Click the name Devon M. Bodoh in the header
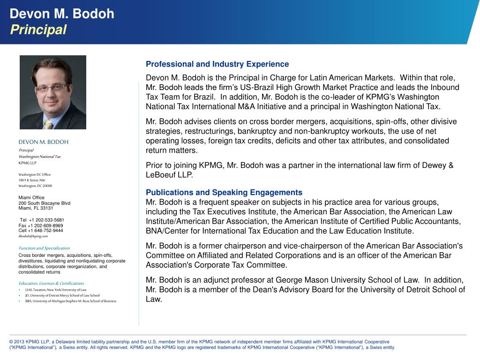pyautogui.click(x=62, y=14)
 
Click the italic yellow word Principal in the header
pyautogui.click(x=38, y=30)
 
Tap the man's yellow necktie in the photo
pyautogui.click(x=48, y=123)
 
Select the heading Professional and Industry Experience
pyautogui.click(x=217, y=64)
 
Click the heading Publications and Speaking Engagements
pyautogui.click(x=224, y=193)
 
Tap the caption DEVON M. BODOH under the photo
pyautogui.click(x=44, y=142)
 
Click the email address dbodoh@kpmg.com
pyautogui.click(x=33, y=236)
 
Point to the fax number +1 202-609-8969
pyautogui.click(x=46, y=225)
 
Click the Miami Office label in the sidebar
pyautogui.click(x=31, y=198)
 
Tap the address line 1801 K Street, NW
pyautogui.click(x=32, y=180)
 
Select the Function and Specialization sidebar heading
pyautogui.click(x=44, y=248)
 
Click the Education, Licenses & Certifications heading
pyautogui.click(x=51, y=284)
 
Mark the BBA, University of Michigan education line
pyautogui.click(x=71, y=301)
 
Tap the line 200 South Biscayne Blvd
pyautogui.click(x=45, y=203)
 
